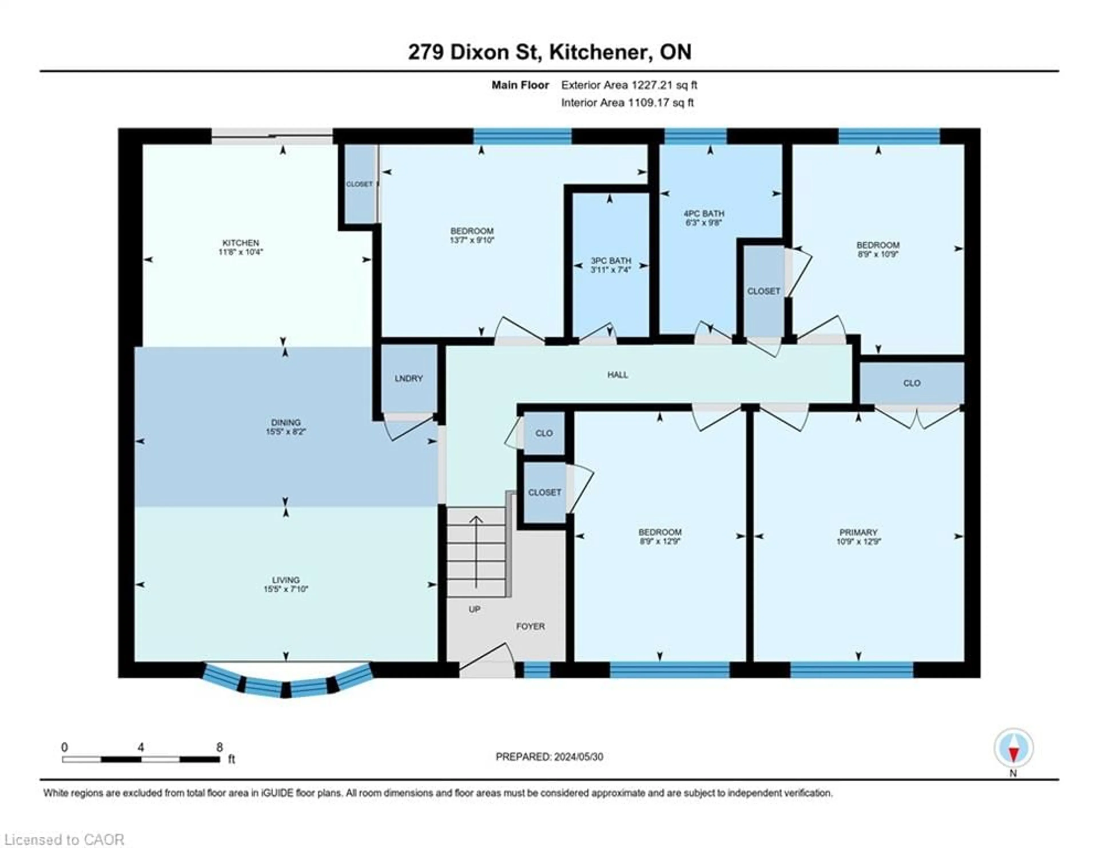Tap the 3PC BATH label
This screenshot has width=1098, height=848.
pos(611,261)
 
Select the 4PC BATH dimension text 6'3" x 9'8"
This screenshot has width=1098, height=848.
pos(704,222)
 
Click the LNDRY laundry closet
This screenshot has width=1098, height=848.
pos(408,378)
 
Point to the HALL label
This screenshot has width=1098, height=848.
pos(617,375)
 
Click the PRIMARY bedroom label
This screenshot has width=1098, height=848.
pos(858,532)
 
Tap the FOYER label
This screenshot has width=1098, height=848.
pos(530,626)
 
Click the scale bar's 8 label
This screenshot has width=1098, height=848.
pos(220,747)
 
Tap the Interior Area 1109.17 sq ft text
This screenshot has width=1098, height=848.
pos(627,103)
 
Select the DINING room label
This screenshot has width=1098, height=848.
pos(286,423)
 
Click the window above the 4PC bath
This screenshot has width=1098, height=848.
pos(695,136)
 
